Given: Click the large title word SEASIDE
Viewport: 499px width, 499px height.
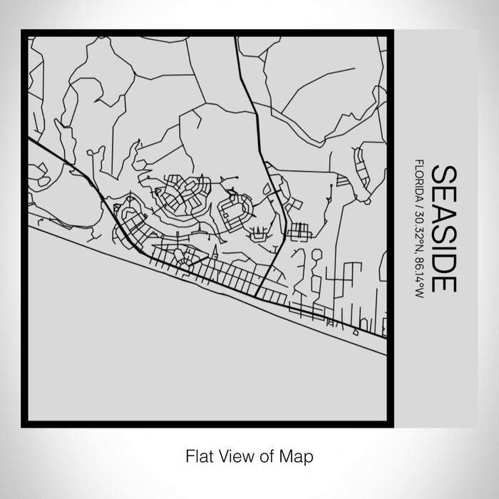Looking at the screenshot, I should pos(444,229).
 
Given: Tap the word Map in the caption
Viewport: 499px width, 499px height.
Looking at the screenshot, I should pos(299,454).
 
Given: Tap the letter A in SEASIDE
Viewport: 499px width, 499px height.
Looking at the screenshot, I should pos(444,212).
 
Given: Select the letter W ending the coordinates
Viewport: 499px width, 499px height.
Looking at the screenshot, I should pos(418,295).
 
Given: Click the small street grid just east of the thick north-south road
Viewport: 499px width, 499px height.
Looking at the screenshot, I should pos(299,231).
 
